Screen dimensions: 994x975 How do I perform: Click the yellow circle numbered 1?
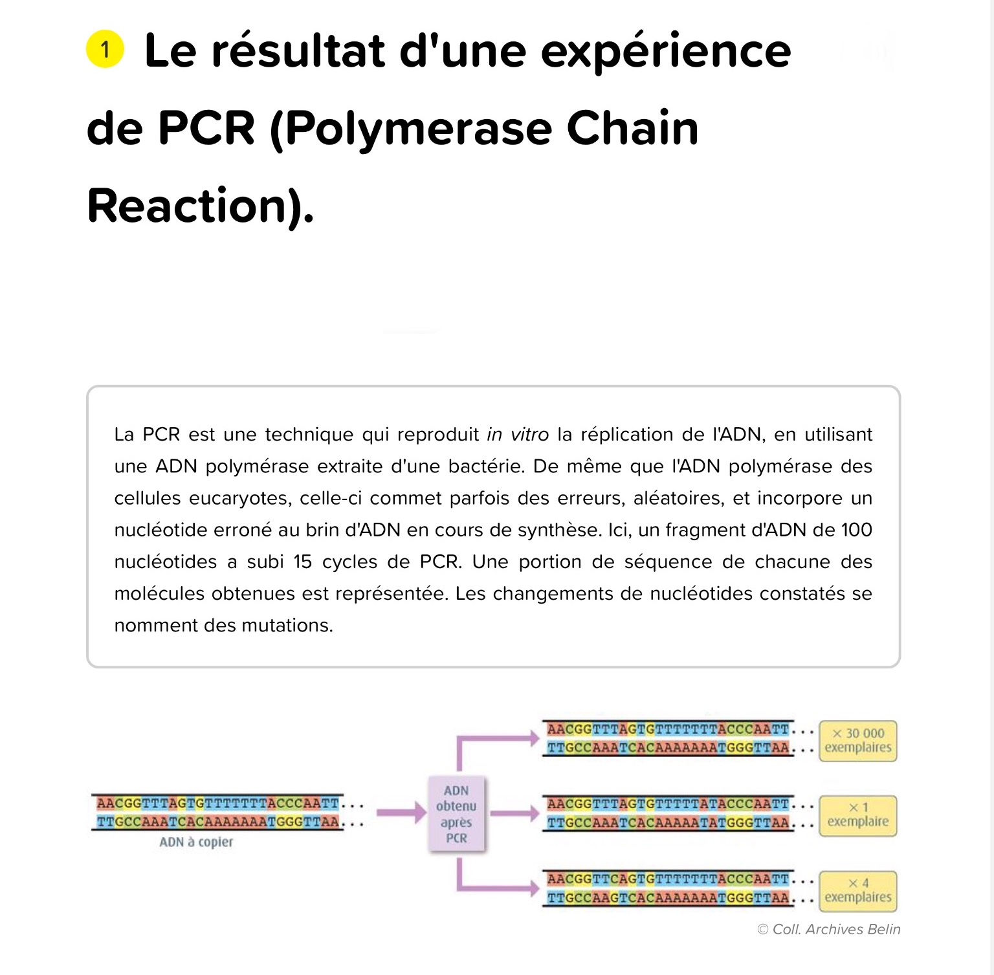(x=105, y=49)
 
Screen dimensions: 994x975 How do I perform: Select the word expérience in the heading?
(x=666, y=52)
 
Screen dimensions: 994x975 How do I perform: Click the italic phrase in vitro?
(x=518, y=434)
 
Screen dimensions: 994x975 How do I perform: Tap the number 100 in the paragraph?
(x=857, y=530)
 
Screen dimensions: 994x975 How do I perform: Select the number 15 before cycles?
(x=302, y=562)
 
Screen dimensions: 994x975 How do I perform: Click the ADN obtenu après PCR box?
(x=456, y=814)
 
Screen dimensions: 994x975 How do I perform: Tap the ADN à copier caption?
(x=196, y=842)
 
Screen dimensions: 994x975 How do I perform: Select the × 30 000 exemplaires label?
(x=858, y=741)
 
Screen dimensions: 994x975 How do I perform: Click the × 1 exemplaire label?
(x=858, y=815)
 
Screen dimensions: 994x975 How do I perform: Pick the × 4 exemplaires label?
(x=858, y=891)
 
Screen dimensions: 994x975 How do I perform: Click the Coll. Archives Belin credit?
(x=829, y=929)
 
